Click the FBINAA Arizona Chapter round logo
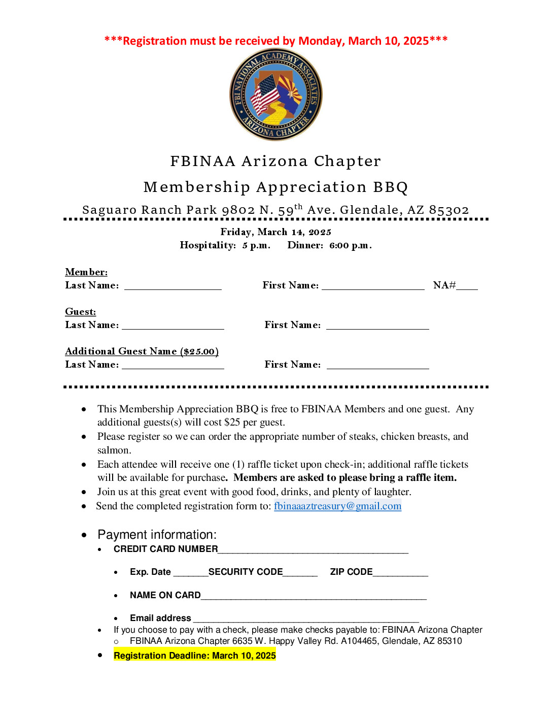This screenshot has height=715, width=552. pos(276,94)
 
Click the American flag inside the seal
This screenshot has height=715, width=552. pos(265,94)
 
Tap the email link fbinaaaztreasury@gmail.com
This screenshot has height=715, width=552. pos(337,506)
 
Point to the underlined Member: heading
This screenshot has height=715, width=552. pos(86,272)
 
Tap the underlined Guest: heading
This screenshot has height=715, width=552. pos(80,312)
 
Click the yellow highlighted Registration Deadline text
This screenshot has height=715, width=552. pos(195,656)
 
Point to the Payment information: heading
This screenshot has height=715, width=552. pos(157,535)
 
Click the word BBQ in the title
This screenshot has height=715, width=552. pos(391,187)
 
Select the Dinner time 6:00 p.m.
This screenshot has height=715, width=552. pos(350,246)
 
